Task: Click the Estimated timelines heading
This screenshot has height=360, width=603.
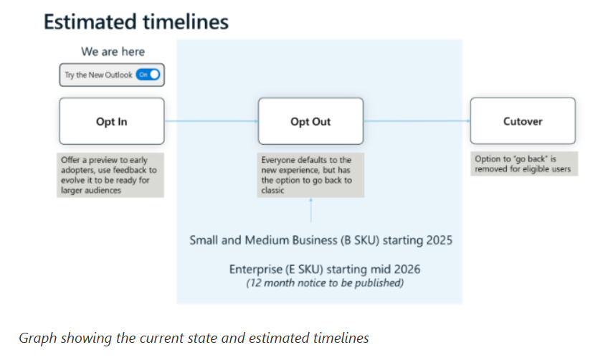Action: pyautogui.click(x=136, y=22)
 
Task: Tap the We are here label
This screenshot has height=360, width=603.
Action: pyautogui.click(x=113, y=52)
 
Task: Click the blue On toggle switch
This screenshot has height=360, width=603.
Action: pyautogui.click(x=148, y=75)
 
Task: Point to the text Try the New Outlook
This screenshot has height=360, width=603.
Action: pyautogui.click(x=98, y=75)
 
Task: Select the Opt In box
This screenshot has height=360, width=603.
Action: pyautogui.click(x=112, y=121)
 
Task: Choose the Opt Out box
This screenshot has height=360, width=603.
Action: pyautogui.click(x=310, y=121)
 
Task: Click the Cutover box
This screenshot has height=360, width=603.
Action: pyautogui.click(x=523, y=121)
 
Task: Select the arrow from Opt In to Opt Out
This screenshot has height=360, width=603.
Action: pyautogui.click(x=211, y=121)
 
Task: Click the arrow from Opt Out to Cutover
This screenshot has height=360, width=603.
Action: pyautogui.click(x=417, y=121)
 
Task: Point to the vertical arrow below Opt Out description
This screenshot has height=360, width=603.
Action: pyautogui.click(x=310, y=210)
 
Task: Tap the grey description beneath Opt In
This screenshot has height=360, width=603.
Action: pyautogui.click(x=110, y=175)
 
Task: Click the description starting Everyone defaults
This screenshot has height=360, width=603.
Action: pyautogui.click(x=310, y=175)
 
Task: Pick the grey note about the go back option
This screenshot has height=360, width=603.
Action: pyautogui.click(x=524, y=164)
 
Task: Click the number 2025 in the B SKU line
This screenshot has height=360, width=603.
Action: pyautogui.click(x=440, y=240)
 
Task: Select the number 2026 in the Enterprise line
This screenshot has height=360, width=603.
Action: pyautogui.click(x=407, y=269)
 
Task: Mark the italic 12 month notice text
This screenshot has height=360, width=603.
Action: pyautogui.click(x=325, y=283)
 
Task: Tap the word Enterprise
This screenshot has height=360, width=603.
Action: pyautogui.click(x=255, y=269)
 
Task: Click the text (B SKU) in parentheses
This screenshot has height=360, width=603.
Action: pyautogui.click(x=359, y=240)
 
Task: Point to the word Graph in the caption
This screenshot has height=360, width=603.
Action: pyautogui.click(x=38, y=338)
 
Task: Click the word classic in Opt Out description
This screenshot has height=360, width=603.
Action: pyautogui.click(x=272, y=190)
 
